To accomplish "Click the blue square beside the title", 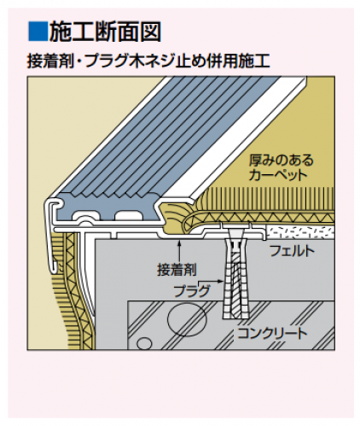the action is [x=38, y=31].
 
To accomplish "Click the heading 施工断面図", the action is [x=105, y=32].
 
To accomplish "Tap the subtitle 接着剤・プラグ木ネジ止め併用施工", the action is [x=148, y=61].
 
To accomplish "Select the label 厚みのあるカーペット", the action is [x=281, y=167].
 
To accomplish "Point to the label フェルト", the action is [x=292, y=251].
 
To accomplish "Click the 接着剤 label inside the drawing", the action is [x=177, y=270].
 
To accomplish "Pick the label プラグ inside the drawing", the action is [x=192, y=291].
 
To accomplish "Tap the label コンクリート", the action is [x=272, y=333].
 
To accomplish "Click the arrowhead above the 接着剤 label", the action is [x=179, y=242].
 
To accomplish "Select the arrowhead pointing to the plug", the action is [x=219, y=281].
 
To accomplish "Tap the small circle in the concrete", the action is [x=144, y=343].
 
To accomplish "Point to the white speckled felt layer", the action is [x=300, y=232].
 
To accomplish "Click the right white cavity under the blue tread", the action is [x=128, y=215].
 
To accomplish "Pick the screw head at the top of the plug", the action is [x=235, y=235].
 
